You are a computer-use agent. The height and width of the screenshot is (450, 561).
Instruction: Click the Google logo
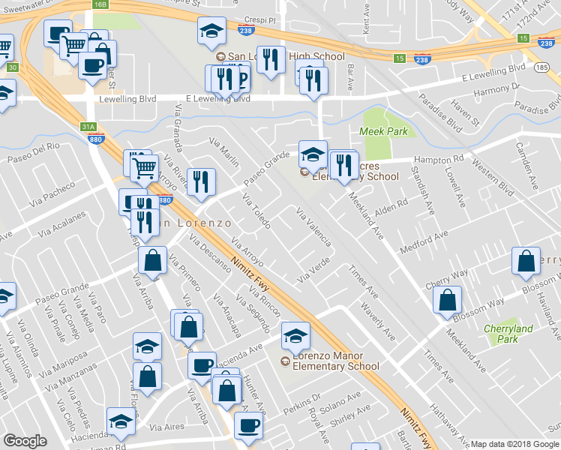(25, 441)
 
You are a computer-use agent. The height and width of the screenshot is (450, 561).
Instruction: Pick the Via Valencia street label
(314, 227)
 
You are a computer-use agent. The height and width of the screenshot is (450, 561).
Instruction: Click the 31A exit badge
(89, 127)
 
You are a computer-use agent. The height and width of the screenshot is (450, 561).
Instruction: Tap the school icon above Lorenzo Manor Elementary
(295, 337)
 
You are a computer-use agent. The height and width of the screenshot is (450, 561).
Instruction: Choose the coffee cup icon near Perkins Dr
(248, 425)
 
